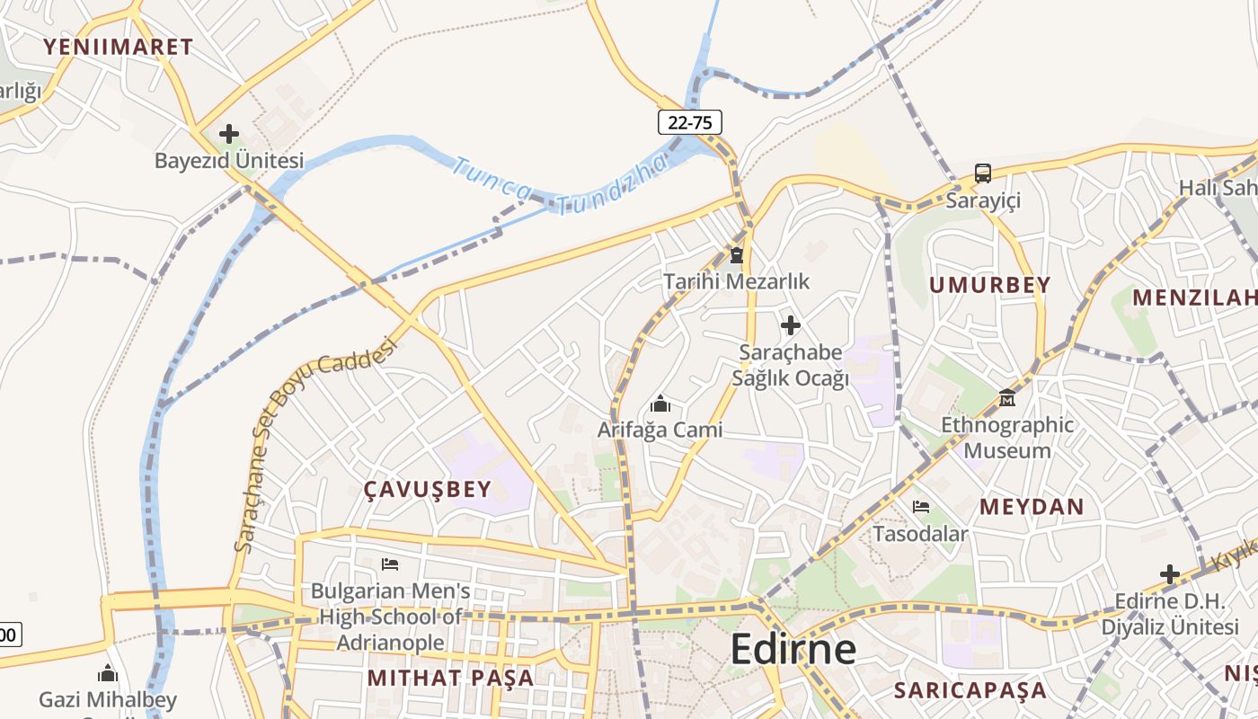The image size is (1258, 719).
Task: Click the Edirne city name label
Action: pos(793,648)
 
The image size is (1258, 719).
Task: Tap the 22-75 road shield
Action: pos(689,122)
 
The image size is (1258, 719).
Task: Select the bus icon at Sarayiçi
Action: pos(983,173)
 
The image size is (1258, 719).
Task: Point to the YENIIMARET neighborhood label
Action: pos(118,47)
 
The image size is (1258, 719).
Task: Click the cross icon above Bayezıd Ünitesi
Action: pos(229,134)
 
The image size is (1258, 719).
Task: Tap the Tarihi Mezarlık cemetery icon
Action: pos(737,256)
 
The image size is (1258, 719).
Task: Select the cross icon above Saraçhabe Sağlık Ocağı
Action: pos(791,324)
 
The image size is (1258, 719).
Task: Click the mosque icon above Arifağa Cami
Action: pos(660,404)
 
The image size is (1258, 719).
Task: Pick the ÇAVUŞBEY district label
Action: pos(428,489)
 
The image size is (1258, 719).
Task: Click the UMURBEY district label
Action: pos(989,285)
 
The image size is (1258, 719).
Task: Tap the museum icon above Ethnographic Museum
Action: pos(1007,397)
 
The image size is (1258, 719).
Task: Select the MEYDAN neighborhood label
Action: pos(1032,506)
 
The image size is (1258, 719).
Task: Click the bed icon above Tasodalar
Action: pos(921,507)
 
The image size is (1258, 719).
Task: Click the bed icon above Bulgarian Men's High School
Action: pos(390,564)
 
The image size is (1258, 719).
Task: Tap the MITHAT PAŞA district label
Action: pos(450,678)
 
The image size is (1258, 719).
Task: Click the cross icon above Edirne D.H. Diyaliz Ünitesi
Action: pos(1169,574)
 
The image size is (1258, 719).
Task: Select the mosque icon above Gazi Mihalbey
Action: pos(108,673)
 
